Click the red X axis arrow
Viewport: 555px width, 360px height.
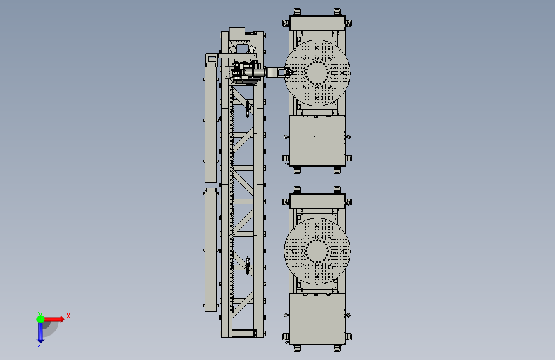[x=53, y=319]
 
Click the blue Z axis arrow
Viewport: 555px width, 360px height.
[x=40, y=332]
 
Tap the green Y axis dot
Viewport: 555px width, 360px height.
[x=40, y=319]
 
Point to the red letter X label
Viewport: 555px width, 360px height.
[x=68, y=316]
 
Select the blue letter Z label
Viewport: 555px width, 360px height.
[x=40, y=344]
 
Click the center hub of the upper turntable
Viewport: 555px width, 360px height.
[x=317, y=72]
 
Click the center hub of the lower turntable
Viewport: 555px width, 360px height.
[x=317, y=251]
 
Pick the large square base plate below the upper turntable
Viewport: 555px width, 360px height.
[x=317, y=140]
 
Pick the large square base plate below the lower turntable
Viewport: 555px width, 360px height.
[x=317, y=318]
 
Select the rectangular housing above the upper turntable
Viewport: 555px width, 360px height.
[x=317, y=22]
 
